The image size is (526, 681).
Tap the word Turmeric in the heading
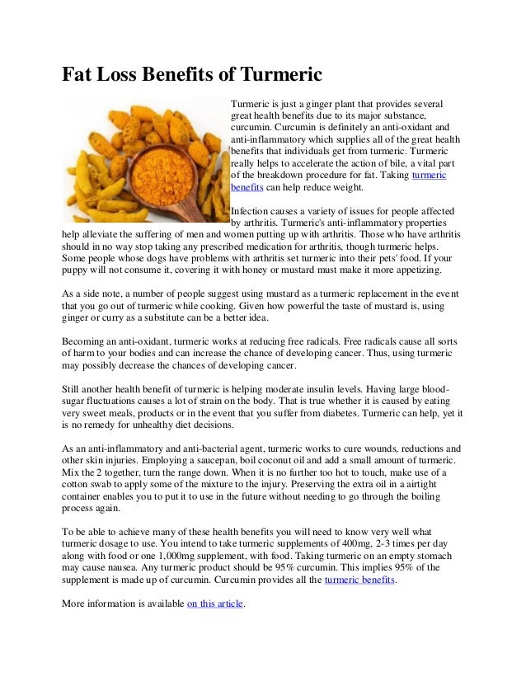pos(279,76)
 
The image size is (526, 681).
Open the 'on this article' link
pos(216,604)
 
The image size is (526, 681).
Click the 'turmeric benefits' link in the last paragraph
pos(360,580)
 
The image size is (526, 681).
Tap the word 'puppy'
pos(77,270)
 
